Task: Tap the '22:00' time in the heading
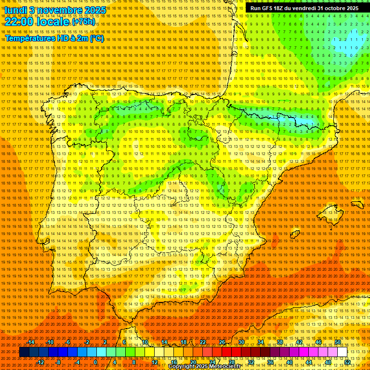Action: click(x=19, y=22)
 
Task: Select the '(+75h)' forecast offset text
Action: click(x=83, y=22)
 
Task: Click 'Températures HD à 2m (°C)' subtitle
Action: click(x=54, y=39)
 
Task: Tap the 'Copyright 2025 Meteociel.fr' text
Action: click(x=204, y=367)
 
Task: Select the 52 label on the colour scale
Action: click(x=347, y=362)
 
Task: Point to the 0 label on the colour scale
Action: click(x=95, y=362)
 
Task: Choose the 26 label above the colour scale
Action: click(x=222, y=342)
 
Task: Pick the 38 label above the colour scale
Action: click(x=279, y=342)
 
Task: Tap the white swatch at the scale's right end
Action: click(x=342, y=352)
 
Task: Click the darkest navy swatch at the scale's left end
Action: click(x=24, y=352)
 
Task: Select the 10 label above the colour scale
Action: click(x=145, y=342)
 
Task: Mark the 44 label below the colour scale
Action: click(x=309, y=362)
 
